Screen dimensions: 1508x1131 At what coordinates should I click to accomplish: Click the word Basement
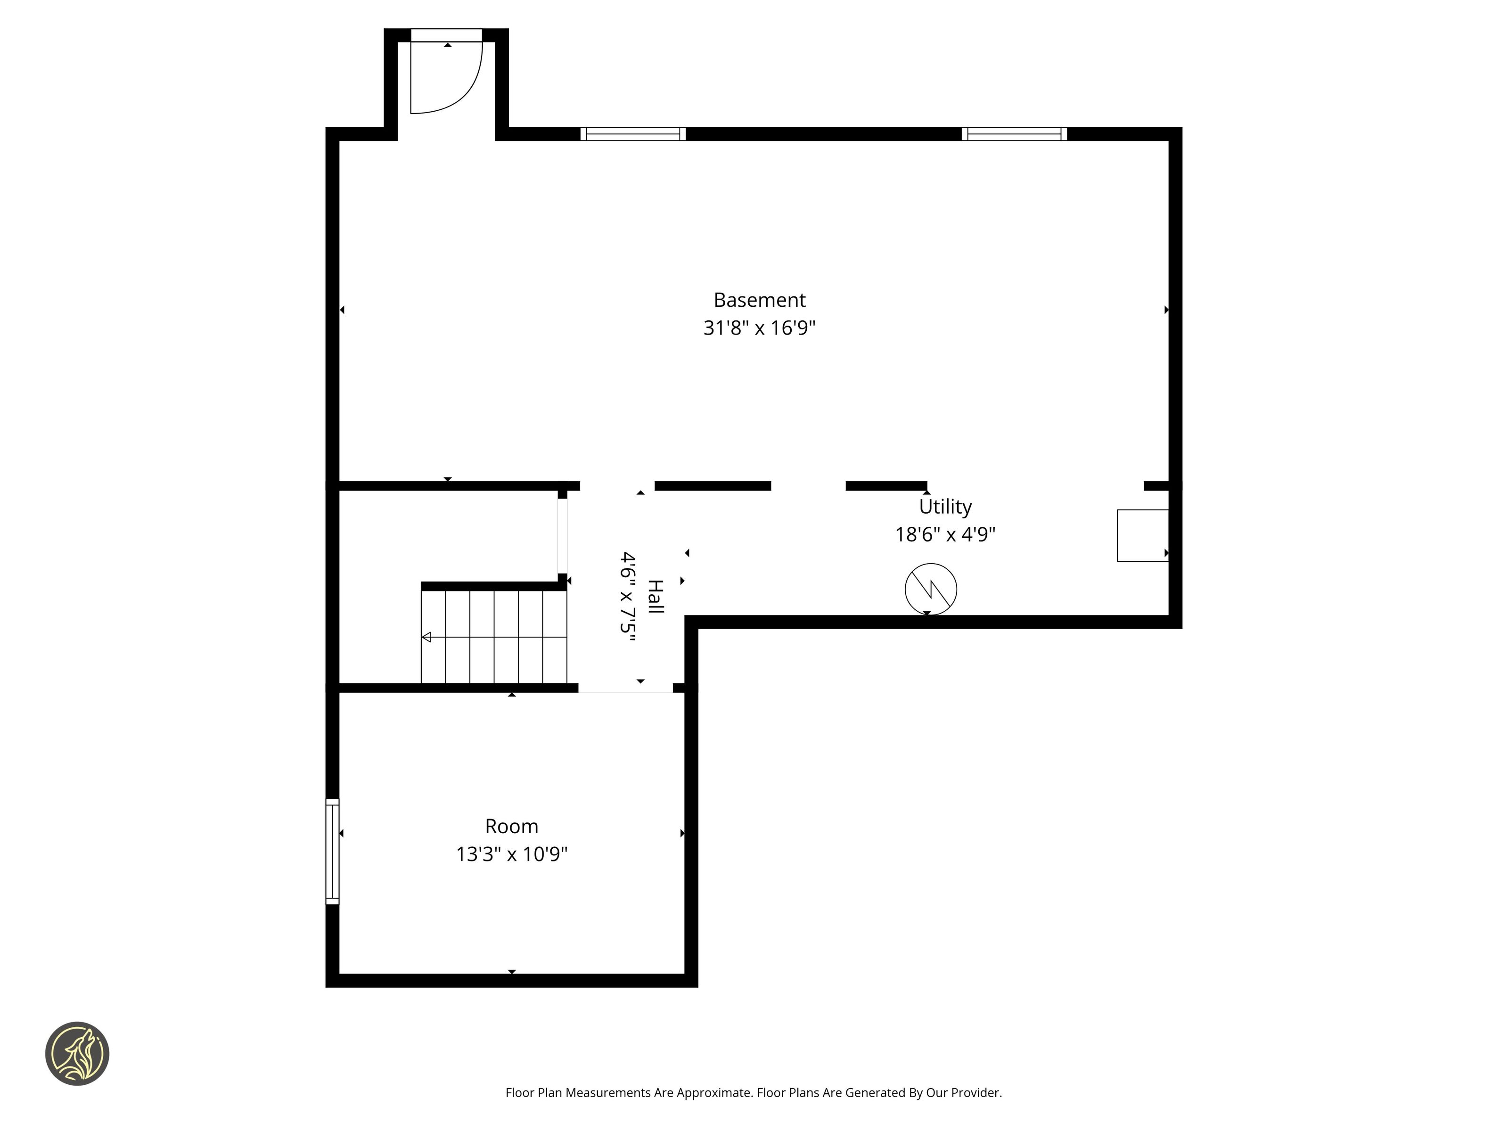[760, 300]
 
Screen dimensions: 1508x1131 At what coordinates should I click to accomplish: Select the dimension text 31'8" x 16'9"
[760, 328]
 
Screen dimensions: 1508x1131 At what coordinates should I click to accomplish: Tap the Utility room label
[945, 507]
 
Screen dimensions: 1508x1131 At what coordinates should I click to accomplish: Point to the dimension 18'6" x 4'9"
[945, 534]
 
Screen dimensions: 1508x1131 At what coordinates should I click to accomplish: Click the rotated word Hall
[655, 597]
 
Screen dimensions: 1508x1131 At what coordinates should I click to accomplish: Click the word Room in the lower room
[511, 826]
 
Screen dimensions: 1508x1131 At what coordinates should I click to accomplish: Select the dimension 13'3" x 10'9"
[511, 854]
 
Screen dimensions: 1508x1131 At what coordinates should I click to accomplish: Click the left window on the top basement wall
[632, 134]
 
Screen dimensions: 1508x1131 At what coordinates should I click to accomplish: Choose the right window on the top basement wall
[1014, 134]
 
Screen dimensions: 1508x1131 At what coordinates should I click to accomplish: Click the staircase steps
[493, 637]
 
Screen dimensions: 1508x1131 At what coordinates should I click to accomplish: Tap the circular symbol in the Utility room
[931, 589]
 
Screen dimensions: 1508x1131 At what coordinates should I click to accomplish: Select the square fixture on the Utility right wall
[1143, 536]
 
